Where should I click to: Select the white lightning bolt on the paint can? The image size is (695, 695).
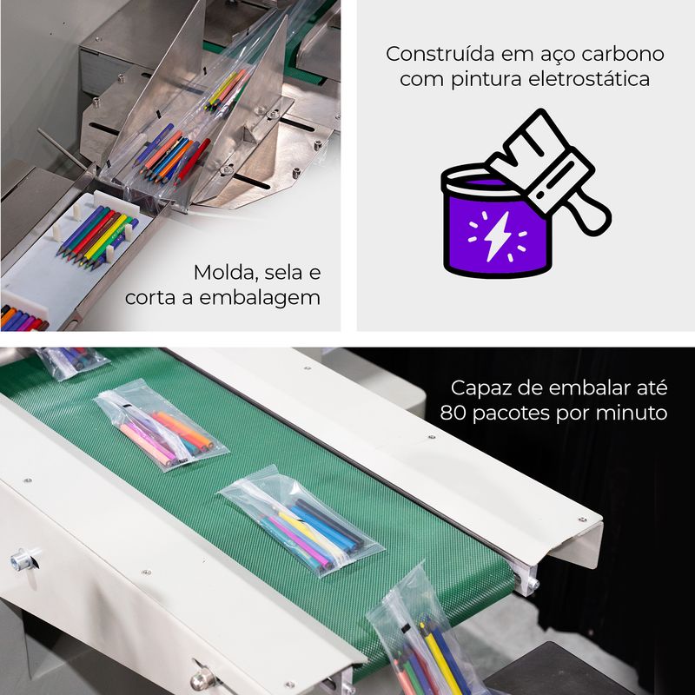click(x=496, y=235)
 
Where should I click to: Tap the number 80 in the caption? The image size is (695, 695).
click(x=453, y=414)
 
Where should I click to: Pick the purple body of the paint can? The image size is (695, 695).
click(x=497, y=235)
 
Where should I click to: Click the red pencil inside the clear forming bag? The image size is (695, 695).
click(x=193, y=161)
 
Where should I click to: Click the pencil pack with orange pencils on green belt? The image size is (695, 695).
click(x=161, y=425)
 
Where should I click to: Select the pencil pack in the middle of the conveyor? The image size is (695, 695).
click(x=301, y=520)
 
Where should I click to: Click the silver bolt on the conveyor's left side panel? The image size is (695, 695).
click(x=23, y=559)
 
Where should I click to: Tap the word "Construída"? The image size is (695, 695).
click(x=440, y=54)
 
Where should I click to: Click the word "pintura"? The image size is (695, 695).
click(x=486, y=80)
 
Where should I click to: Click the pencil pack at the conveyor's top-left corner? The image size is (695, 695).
click(x=72, y=361)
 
